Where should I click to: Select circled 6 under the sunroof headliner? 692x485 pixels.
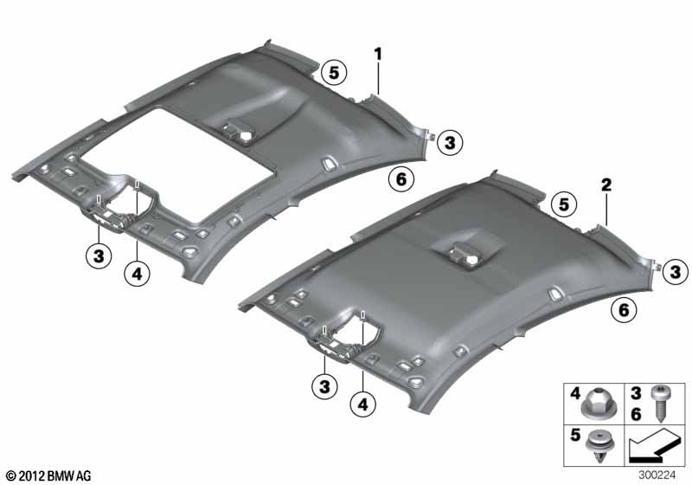pyautogui.click(x=399, y=179)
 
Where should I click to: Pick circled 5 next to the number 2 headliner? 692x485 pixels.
pyautogui.click(x=564, y=204)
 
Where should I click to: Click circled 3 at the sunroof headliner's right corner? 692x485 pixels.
pyautogui.click(x=450, y=143)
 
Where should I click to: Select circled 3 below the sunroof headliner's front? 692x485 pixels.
pyautogui.click(x=99, y=255)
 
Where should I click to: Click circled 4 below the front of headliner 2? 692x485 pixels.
pyautogui.click(x=364, y=404)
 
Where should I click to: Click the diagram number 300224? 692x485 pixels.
pyautogui.click(x=664, y=475)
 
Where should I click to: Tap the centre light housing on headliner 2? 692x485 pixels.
pyautogui.click(x=466, y=252)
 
